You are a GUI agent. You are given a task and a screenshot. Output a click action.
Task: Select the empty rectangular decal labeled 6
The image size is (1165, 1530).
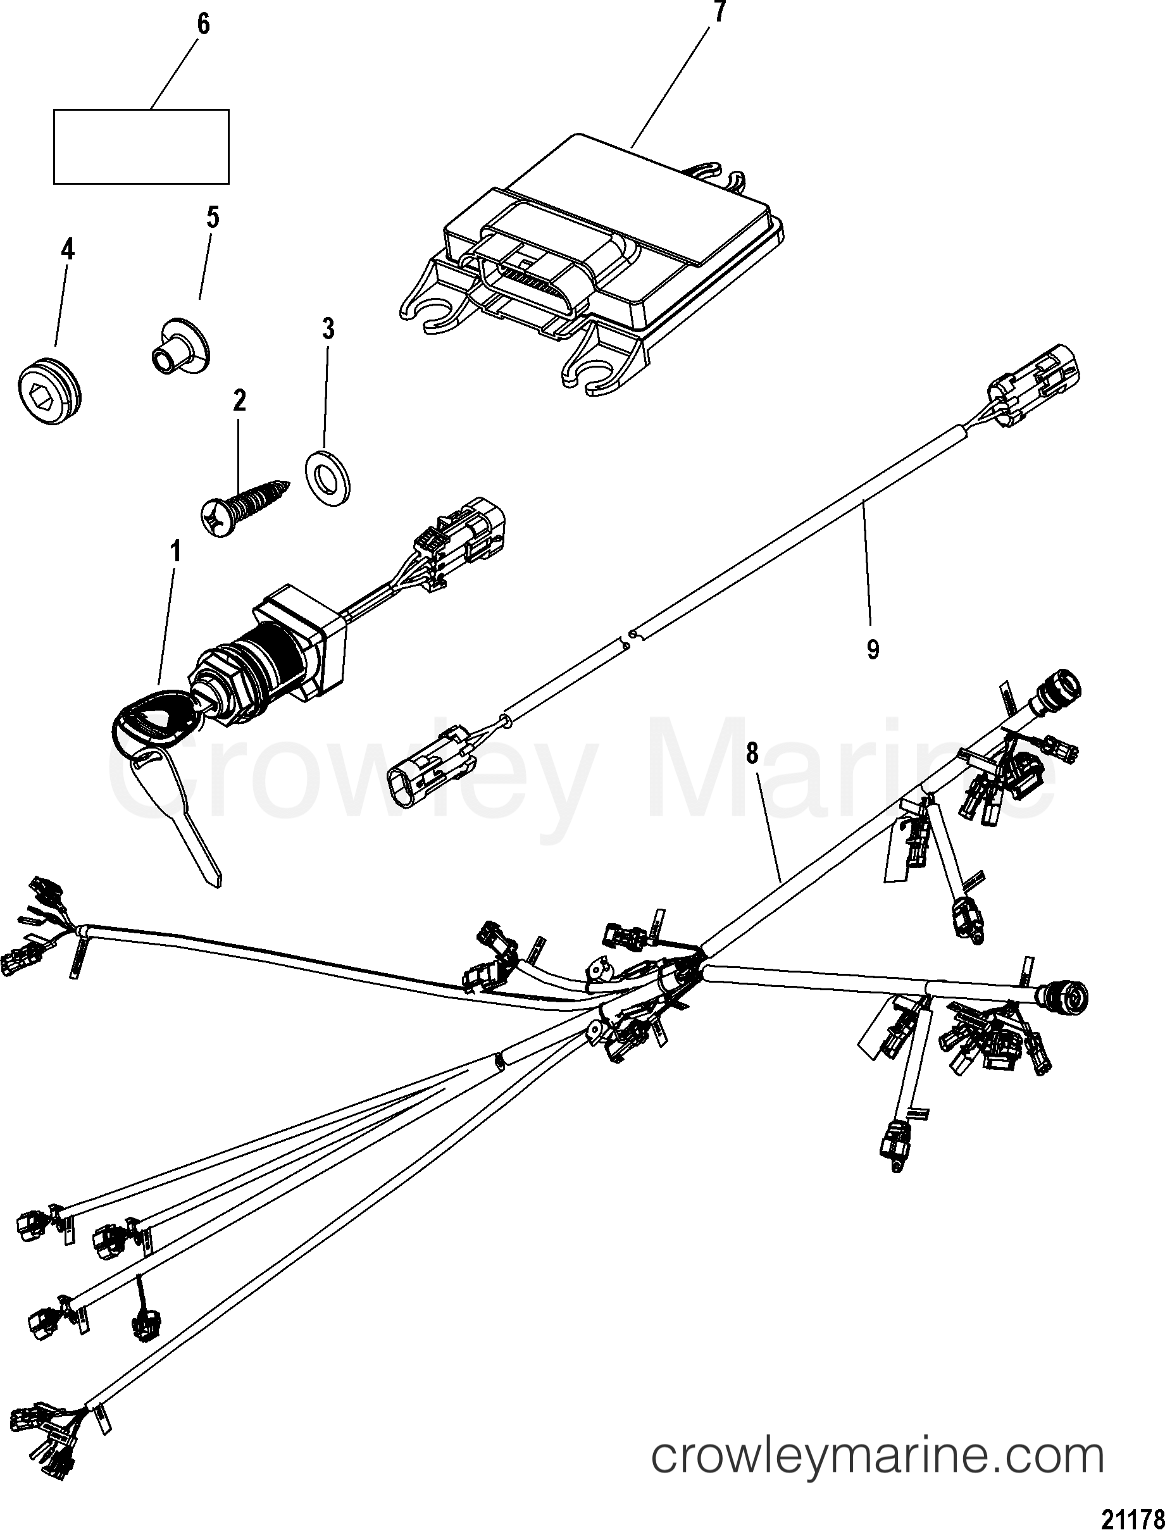click(x=142, y=146)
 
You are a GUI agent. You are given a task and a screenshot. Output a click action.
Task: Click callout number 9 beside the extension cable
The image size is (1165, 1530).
click(x=873, y=650)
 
